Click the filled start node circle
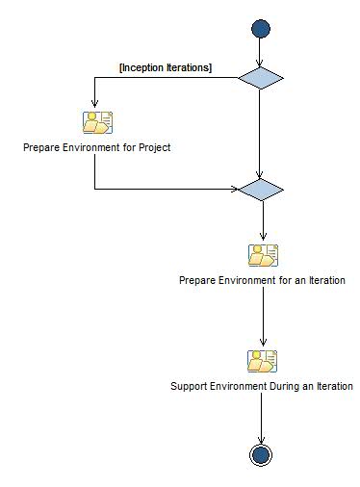(261, 29)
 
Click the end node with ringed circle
(261, 454)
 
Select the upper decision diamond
(261, 78)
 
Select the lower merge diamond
(261, 189)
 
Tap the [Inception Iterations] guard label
(165, 67)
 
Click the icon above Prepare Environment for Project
(97, 123)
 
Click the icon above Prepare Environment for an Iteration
(262, 255)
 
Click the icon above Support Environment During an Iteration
(262, 361)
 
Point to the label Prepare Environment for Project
(96, 148)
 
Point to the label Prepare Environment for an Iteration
(262, 280)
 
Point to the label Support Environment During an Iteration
(262, 386)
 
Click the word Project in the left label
(153, 148)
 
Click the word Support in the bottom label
(189, 386)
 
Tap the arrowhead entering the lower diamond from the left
(233, 189)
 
